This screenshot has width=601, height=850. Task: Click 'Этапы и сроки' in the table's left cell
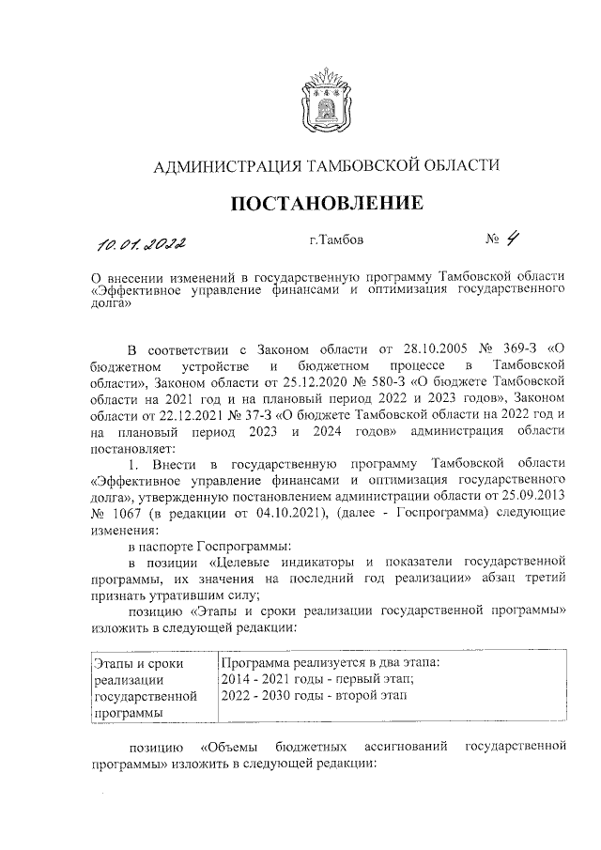point(139,663)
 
